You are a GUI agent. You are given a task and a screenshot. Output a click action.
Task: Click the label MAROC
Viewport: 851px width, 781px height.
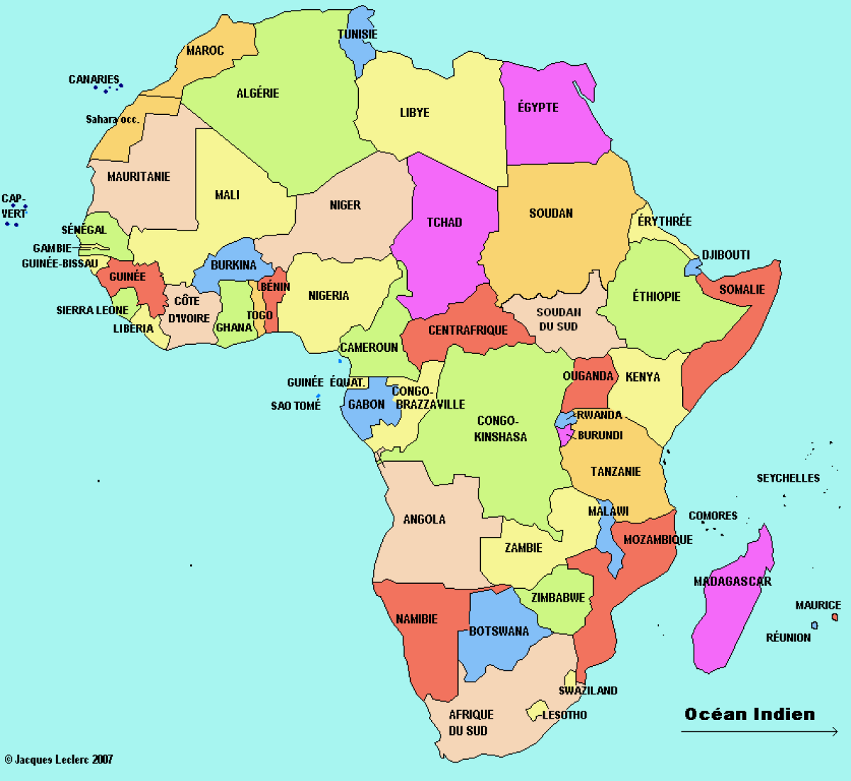coord(205,50)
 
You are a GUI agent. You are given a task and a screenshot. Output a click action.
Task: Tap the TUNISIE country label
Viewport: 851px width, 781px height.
coord(357,34)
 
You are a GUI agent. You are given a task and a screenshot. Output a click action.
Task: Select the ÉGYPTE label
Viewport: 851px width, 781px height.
coord(538,107)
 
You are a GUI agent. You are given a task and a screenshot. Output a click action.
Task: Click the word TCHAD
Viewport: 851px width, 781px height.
coord(444,222)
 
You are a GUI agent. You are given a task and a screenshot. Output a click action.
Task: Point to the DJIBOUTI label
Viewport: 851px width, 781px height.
coord(725,255)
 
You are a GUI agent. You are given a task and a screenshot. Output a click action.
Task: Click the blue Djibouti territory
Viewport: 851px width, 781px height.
coord(693,267)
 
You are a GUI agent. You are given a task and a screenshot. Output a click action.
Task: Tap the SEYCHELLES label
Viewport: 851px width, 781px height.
coord(788,478)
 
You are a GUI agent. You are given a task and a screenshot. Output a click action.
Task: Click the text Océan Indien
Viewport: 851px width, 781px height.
coord(750,714)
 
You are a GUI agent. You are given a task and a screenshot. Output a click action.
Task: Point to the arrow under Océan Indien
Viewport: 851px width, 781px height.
coord(759,732)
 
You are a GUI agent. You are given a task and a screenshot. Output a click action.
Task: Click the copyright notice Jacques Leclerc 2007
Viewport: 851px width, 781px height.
coord(59,760)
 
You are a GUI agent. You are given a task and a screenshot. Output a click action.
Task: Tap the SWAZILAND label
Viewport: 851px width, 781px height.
coord(588,690)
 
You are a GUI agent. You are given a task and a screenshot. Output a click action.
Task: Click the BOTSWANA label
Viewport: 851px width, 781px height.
coord(499,631)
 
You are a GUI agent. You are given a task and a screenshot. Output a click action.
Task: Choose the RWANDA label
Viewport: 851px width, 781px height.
coord(599,415)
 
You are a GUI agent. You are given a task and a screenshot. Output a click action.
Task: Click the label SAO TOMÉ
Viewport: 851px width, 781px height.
coord(296,406)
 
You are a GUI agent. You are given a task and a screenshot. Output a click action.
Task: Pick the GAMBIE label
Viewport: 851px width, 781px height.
coord(52,248)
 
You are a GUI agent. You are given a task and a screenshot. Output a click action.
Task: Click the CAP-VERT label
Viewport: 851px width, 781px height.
coord(13,206)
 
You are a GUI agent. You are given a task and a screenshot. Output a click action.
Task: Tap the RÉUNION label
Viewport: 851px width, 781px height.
coord(788,638)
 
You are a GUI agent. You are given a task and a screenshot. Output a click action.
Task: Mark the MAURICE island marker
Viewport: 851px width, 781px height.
coord(835,617)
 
